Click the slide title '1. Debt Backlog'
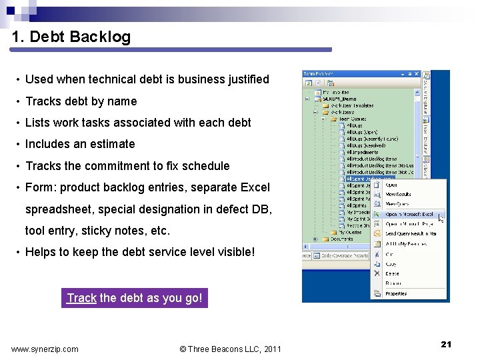click(71, 37)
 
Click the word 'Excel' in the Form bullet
click(254, 187)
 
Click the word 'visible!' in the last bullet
click(234, 253)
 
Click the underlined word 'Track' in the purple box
click(81, 298)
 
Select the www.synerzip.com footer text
click(45, 349)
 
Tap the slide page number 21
click(446, 344)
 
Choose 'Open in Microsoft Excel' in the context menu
click(409, 215)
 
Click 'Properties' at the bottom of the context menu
click(396, 293)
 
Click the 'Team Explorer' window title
click(317, 73)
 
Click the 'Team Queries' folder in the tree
click(357, 118)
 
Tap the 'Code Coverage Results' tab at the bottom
click(343, 255)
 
